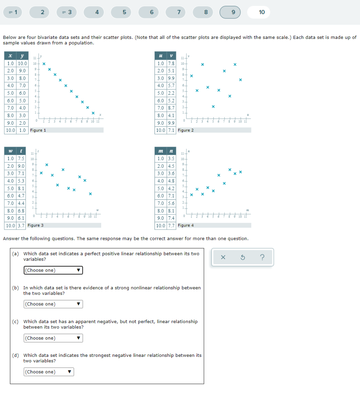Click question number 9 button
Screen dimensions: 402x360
click(233, 12)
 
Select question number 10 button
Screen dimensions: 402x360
click(262, 12)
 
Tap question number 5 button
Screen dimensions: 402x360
click(124, 12)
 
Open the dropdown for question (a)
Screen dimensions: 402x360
click(53, 270)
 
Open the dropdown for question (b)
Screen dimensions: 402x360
click(53, 304)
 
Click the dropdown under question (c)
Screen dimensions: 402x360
click(53, 338)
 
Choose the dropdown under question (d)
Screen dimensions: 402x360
click(49, 372)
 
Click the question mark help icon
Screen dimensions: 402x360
click(262, 258)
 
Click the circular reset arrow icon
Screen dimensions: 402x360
click(242, 258)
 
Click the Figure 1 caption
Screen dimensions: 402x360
click(38, 130)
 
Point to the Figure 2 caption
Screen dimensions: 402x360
click(185, 130)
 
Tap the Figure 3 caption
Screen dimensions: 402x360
click(36, 225)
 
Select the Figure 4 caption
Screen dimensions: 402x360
click(185, 225)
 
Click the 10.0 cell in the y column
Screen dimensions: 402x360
click(23, 63)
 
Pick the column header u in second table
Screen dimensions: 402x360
click(160, 56)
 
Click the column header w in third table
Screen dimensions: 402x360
click(10, 152)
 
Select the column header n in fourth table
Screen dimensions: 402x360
click(171, 152)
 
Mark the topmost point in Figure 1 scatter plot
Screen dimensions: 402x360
click(44, 64)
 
